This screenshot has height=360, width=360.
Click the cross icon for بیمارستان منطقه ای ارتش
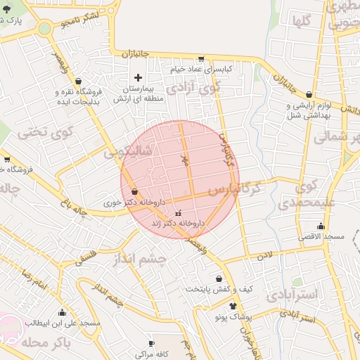(x=138, y=77)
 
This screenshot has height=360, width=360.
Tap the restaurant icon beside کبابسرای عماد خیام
(x=201, y=59)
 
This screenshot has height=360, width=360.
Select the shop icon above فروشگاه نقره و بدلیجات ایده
(x=77, y=81)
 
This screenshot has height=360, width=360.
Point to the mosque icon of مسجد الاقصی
(x=321, y=226)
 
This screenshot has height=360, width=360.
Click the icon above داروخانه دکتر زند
(x=178, y=212)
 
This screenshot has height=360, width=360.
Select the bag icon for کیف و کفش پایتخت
(x=219, y=278)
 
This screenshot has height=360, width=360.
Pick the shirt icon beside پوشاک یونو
(x=233, y=306)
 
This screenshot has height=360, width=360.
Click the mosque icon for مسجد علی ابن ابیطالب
(x=62, y=312)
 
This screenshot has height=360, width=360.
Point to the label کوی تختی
(x=35, y=131)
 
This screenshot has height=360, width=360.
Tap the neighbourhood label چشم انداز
(x=140, y=260)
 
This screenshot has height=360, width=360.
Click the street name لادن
(x=264, y=255)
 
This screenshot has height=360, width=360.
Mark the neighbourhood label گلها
(x=302, y=20)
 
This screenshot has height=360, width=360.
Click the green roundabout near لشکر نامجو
(x=45, y=29)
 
